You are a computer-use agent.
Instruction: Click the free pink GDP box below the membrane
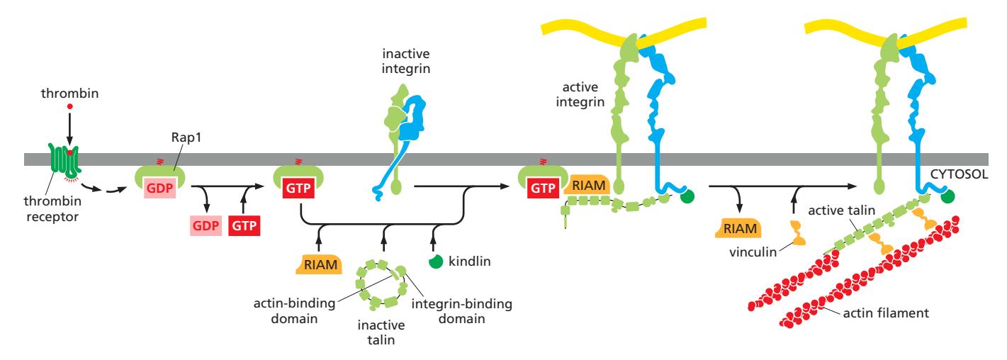206,227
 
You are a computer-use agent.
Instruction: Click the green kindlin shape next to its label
437,261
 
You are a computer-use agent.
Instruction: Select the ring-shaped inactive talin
383,285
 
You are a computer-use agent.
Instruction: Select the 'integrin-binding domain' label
462,310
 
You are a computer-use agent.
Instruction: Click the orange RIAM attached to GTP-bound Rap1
585,186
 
